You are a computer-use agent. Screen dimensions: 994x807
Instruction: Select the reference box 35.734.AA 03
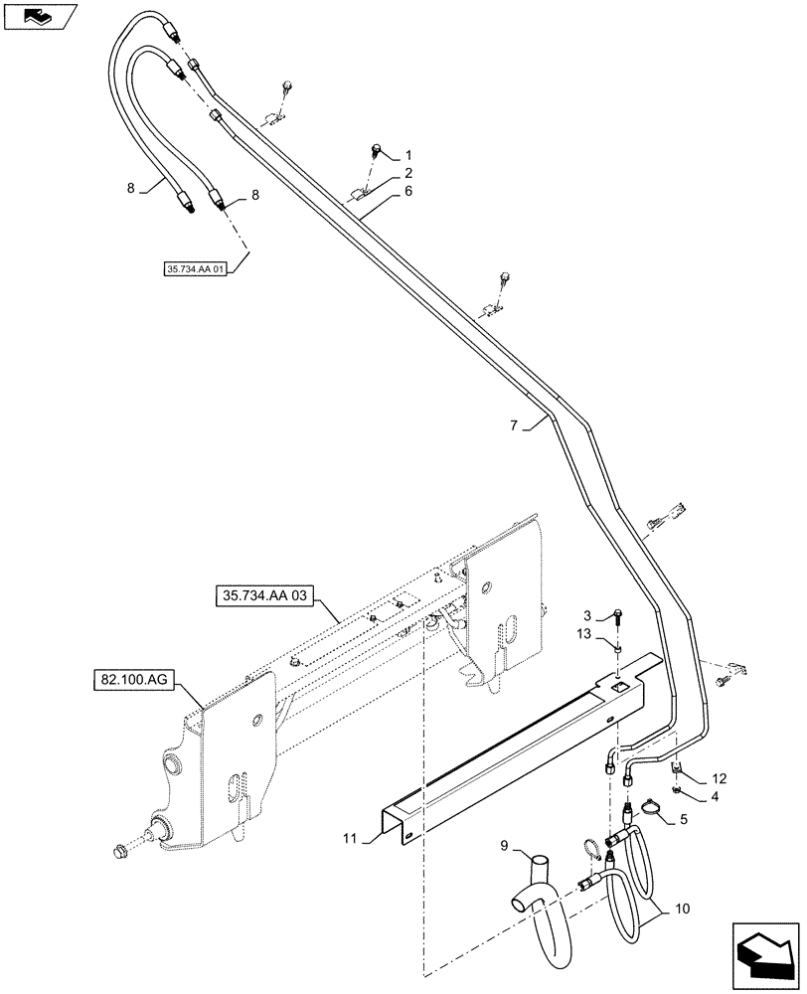coord(260,596)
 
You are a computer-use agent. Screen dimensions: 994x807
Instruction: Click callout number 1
coord(407,156)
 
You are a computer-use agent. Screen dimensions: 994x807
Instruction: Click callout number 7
coord(515,425)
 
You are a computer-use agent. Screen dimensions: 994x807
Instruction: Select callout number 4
coord(720,794)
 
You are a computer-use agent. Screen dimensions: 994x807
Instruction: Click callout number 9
coord(504,847)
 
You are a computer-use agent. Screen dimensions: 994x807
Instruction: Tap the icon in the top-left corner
coord(37,17)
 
